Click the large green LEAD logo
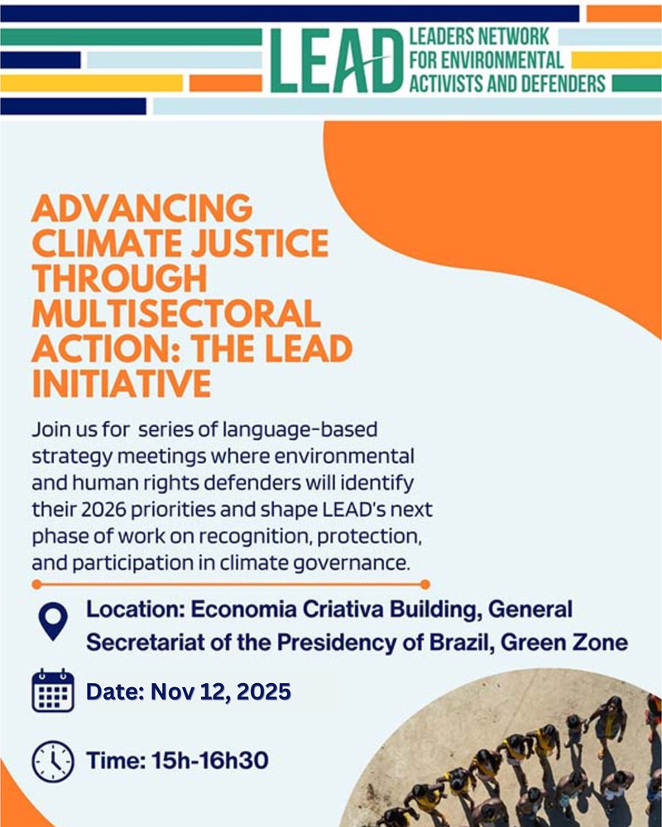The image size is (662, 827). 336,60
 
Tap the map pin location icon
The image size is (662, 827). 53,621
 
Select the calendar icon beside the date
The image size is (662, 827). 53,691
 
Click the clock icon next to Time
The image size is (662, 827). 53,761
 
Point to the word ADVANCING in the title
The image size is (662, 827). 142,208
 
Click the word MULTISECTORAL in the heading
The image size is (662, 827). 176,313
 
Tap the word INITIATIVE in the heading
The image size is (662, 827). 122,384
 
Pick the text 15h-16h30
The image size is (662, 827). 210,761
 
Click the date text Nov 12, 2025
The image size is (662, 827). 221,691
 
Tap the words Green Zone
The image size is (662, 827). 564,643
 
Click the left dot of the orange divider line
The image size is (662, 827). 36,584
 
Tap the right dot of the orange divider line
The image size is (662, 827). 425,584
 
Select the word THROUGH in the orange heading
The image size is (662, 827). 119,279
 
